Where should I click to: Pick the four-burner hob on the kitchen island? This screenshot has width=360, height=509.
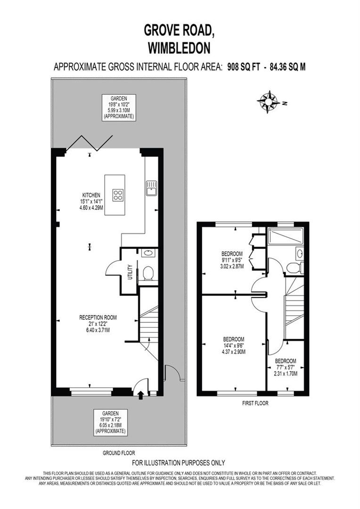click(118, 195)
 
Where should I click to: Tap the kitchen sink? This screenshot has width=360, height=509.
click(151, 188)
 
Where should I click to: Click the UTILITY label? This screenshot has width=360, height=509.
click(130, 272)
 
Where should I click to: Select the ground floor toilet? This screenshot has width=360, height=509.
click(148, 273)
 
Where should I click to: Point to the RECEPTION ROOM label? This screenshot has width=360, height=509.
click(98, 318)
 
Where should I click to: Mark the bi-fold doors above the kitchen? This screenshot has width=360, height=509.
click(90, 142)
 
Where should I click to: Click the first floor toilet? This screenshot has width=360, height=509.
click(293, 268)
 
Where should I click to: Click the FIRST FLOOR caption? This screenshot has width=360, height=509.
click(255, 403)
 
